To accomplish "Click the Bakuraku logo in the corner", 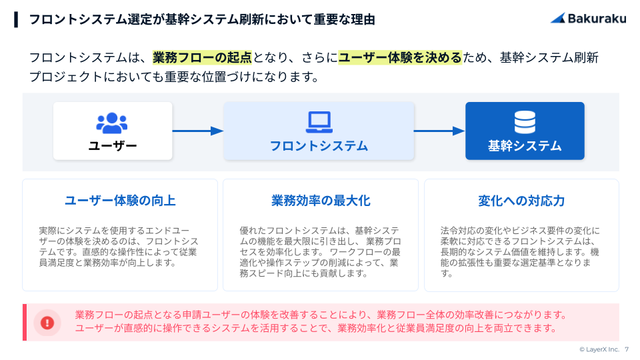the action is [588, 19].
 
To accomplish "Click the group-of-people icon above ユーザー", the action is [112, 123].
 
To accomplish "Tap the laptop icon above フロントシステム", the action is [319, 122].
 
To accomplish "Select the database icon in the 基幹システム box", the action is [525, 122].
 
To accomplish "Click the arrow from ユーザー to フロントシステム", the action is [198, 131].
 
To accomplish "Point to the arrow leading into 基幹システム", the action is [439, 131].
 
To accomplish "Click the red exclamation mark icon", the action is [47, 323].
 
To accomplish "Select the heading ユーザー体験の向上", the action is [120, 201].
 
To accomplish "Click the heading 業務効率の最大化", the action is [321, 201].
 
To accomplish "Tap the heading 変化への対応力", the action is [521, 201].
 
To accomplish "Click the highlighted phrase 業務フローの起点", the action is [203, 57].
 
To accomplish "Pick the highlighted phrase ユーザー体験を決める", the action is [400, 57].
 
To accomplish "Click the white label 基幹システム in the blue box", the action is [525, 146].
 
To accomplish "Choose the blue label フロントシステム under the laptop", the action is [319, 146].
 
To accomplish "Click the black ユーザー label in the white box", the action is [113, 146].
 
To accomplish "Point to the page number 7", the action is [627, 349].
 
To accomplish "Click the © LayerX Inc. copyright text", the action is [599, 349].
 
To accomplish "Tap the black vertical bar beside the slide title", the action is [16, 19].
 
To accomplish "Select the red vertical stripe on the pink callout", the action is [25, 322].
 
